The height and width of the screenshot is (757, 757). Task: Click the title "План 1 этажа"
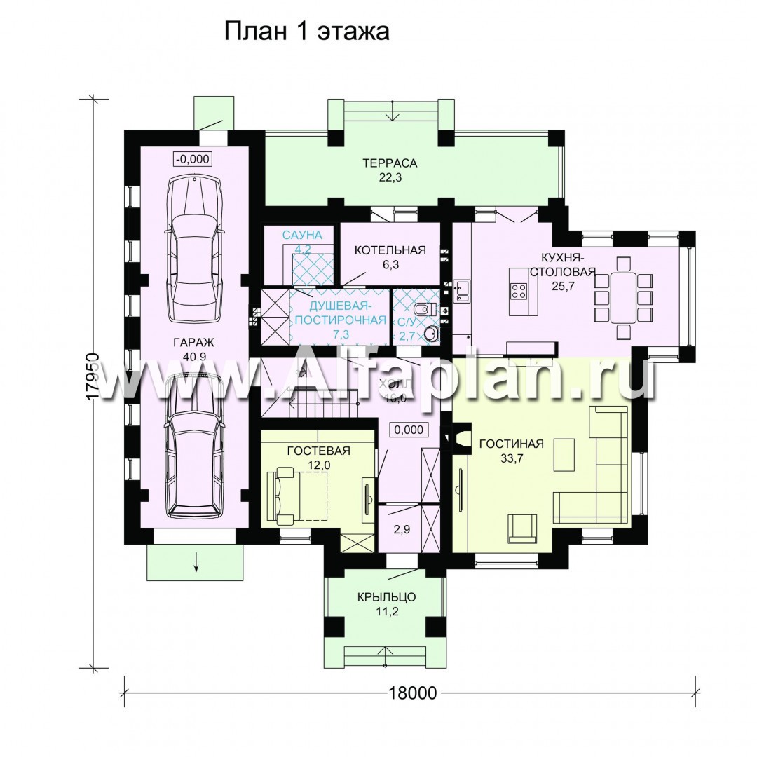coord(306,32)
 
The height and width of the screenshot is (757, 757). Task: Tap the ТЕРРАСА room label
coord(390,164)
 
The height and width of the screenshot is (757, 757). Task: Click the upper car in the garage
coord(195,248)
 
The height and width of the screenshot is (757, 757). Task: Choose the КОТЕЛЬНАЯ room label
coord(390,250)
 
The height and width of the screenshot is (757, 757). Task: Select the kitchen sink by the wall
coord(463,290)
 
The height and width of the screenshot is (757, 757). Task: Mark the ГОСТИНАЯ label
coord(511,444)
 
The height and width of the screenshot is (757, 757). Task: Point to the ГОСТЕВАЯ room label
coord(318,451)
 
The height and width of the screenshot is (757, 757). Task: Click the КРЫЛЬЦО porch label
coord(386,597)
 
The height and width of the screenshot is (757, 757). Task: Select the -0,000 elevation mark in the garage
coord(191,158)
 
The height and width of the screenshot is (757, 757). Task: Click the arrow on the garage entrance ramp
coord(196,561)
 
